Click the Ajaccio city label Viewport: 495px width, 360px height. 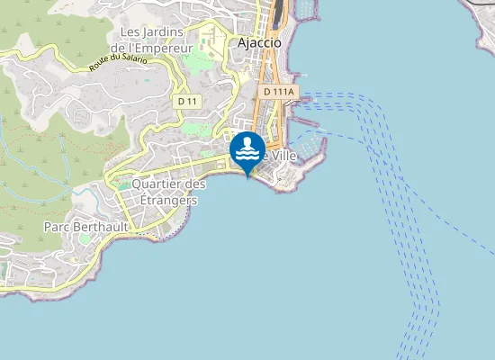coord(259,42)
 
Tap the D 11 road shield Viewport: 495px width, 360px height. coord(187,102)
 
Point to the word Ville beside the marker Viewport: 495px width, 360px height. coord(283,155)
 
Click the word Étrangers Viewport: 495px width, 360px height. coord(163,200)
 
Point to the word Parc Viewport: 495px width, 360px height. coord(57,227)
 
